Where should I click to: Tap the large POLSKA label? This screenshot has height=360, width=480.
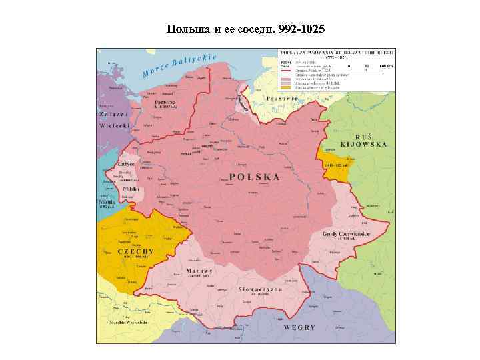(x=254, y=177)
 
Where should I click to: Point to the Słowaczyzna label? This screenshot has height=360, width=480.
(x=262, y=289)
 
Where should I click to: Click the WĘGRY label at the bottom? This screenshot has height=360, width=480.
(x=299, y=328)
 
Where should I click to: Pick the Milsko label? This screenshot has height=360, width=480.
(x=130, y=189)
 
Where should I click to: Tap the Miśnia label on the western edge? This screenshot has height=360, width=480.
(x=107, y=201)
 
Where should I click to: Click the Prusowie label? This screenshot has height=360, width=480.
(x=280, y=98)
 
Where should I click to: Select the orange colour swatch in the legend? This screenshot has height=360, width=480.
(x=285, y=87)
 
